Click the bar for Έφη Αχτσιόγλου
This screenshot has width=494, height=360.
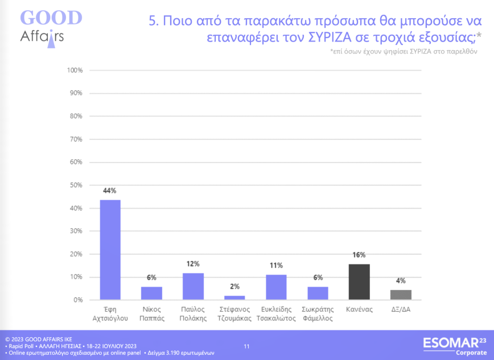[x=110, y=250]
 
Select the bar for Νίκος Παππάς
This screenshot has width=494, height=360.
[x=151, y=293]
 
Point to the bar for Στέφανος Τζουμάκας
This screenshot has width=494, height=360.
[x=234, y=297]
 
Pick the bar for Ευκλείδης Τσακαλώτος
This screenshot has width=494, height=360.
[x=276, y=287]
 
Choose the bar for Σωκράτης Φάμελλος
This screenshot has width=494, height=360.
[x=318, y=293]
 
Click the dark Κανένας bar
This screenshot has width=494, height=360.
[x=359, y=282]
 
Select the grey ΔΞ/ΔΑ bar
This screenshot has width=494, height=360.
[x=401, y=295]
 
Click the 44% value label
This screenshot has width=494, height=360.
[x=110, y=191]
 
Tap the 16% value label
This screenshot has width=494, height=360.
[x=359, y=255]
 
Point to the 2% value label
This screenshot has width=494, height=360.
[x=234, y=287]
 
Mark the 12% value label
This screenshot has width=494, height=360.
[x=193, y=264]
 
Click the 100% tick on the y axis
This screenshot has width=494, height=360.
[x=75, y=71]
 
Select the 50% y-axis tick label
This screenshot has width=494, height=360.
[x=76, y=185]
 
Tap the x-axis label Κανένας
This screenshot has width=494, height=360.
[x=359, y=310]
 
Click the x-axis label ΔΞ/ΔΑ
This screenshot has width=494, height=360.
[x=401, y=310]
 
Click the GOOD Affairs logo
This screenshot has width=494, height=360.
[x=50, y=26]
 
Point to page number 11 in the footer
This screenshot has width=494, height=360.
[x=246, y=346]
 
